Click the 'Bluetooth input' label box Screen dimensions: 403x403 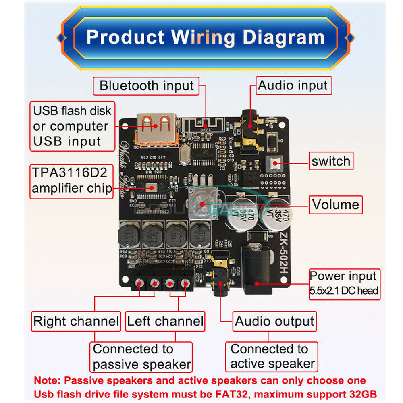coord(146,86)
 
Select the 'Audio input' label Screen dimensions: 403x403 coord(293,85)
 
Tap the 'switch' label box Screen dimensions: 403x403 coord(331,161)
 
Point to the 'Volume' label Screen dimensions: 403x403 coord(335,204)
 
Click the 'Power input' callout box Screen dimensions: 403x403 coord(344,284)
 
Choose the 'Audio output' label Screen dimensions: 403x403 coord(274,321)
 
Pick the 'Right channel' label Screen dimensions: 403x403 coord(76,321)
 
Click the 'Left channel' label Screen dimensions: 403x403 coord(165,321)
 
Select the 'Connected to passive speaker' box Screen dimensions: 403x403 coord(141,357)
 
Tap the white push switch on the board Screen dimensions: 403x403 coord(275,163)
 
